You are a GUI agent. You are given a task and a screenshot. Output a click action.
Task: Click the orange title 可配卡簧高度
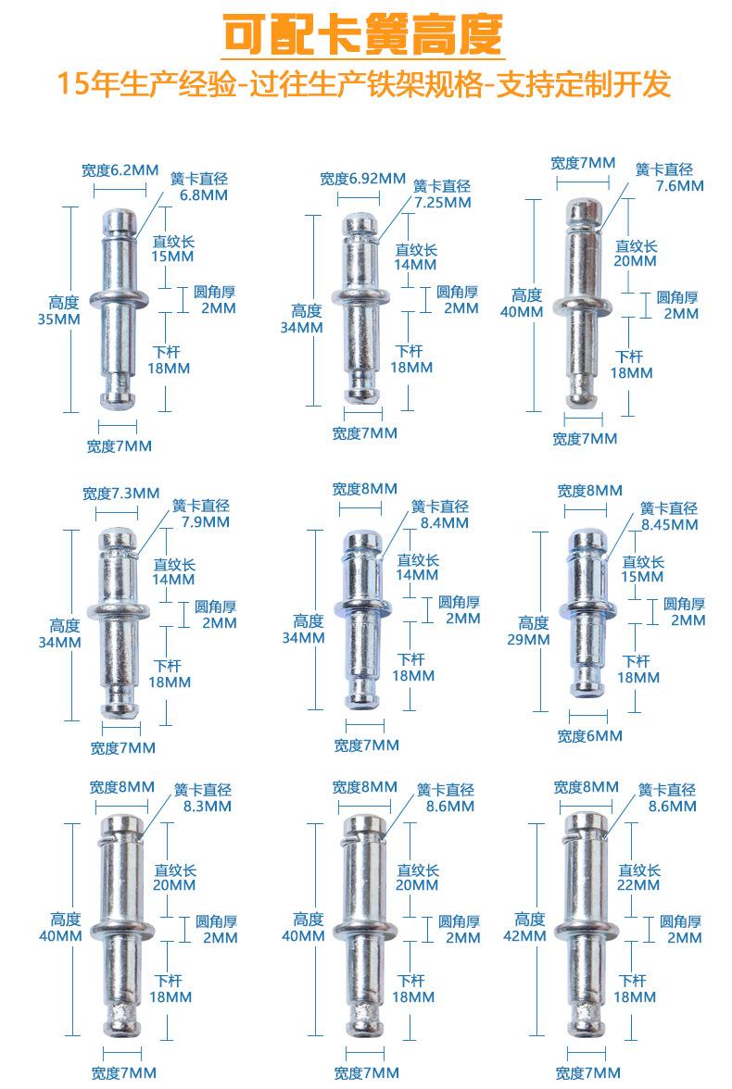[363, 34]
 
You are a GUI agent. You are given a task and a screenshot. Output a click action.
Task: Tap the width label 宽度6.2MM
[120, 170]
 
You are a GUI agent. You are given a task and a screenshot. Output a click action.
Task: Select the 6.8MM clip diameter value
[204, 195]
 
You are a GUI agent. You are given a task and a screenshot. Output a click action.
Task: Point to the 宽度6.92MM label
[363, 179]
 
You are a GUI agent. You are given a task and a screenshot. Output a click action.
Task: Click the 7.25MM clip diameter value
[443, 203]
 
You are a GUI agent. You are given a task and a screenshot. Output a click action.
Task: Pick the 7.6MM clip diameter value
[680, 186]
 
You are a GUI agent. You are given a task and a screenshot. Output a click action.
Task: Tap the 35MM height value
[59, 319]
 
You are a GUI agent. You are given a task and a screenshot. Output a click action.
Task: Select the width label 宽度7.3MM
[121, 493]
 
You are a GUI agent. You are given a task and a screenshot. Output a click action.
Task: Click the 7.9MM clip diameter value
[206, 521]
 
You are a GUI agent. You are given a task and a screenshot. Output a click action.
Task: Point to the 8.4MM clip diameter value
[444, 523]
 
